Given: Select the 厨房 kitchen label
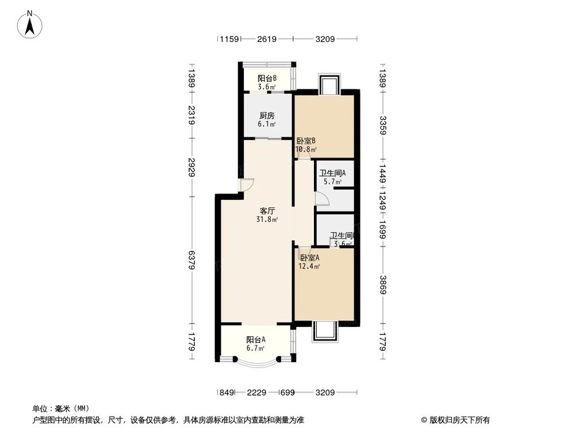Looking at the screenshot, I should pyautogui.click(x=266, y=115).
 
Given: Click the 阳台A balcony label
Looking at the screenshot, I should pyautogui.click(x=255, y=339).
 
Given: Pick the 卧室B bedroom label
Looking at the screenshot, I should pyautogui.click(x=306, y=141).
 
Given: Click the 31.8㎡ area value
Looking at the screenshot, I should pyautogui.click(x=267, y=220).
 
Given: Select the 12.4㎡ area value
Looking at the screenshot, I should pyautogui.click(x=309, y=266).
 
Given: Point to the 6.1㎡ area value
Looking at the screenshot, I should pyautogui.click(x=266, y=124).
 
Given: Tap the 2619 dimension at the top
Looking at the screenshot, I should pyautogui.click(x=267, y=39).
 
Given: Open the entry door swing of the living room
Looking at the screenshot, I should pyautogui.click(x=247, y=185).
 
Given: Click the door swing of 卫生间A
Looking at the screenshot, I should pyautogui.click(x=323, y=198).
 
